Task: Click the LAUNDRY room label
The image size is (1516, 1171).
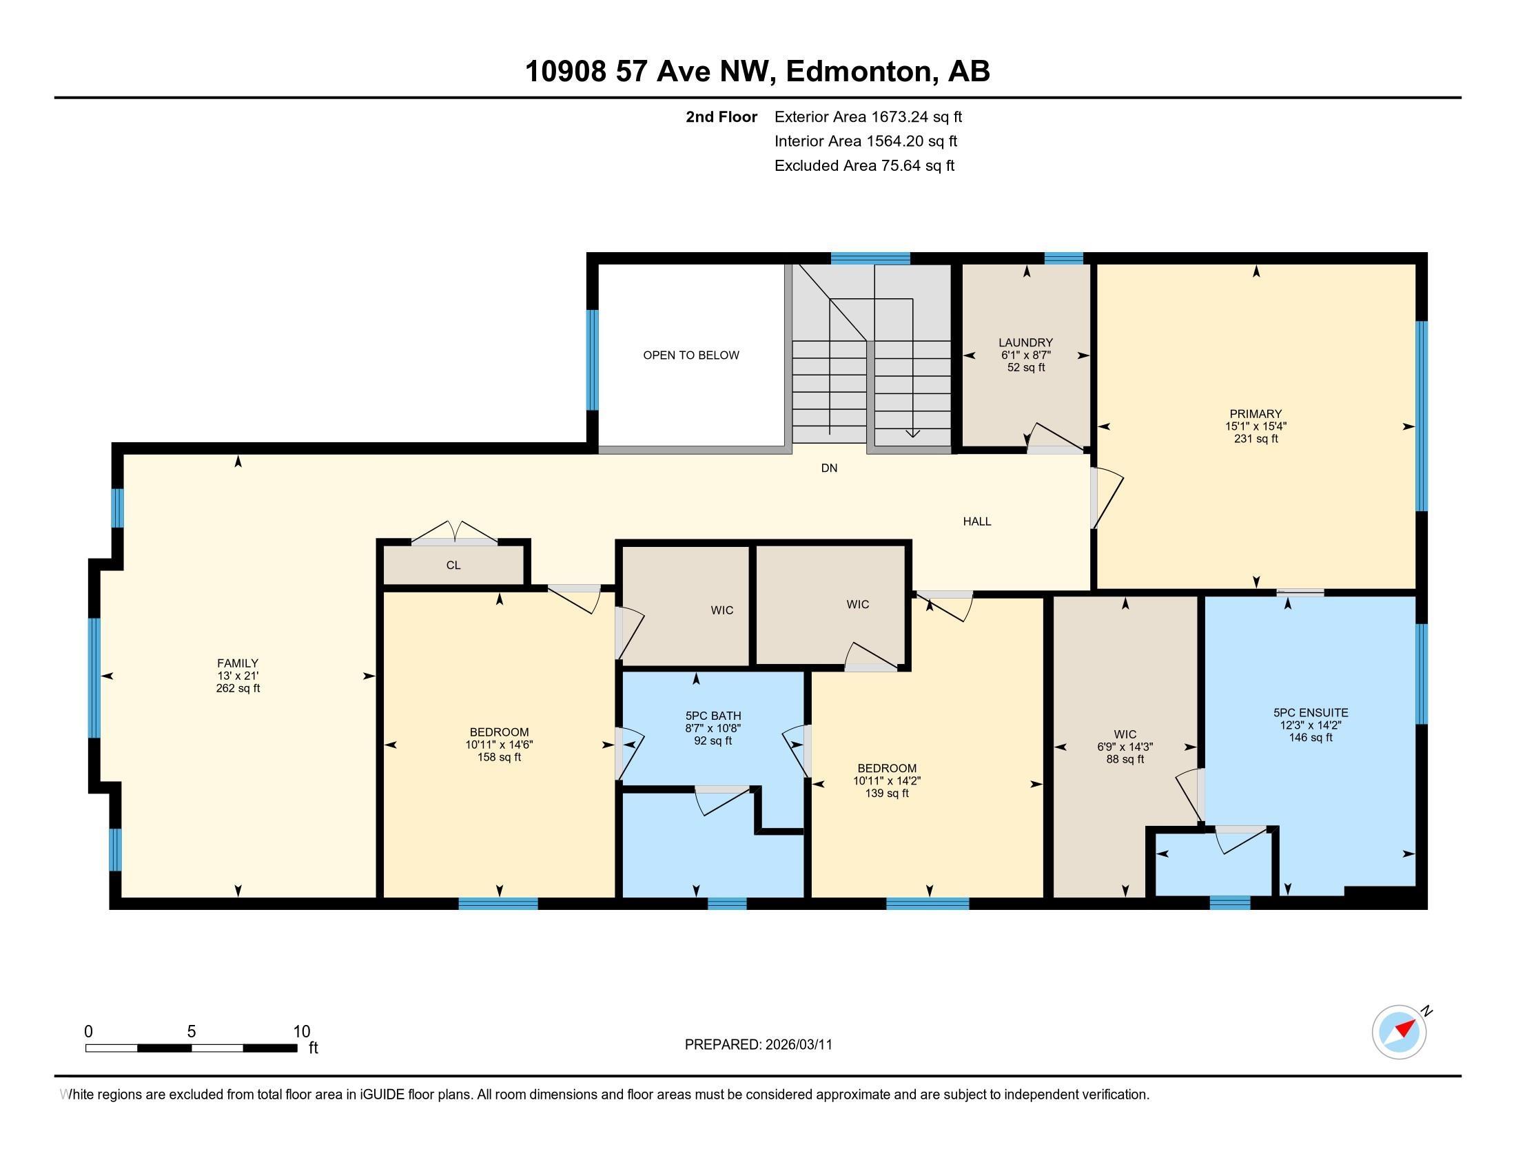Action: [1025, 343]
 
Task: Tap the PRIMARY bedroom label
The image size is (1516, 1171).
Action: [1255, 414]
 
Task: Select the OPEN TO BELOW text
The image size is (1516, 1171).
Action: [690, 355]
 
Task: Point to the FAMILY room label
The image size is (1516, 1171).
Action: [238, 663]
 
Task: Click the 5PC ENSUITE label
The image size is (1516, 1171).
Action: [1311, 712]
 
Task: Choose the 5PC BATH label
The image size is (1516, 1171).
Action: [713, 716]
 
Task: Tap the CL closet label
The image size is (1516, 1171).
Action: [453, 566]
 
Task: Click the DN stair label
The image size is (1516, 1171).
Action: [829, 468]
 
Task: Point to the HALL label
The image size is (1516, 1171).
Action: [976, 521]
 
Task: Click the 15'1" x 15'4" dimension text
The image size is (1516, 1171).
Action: [1255, 426]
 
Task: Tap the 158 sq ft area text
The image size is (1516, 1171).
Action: [499, 757]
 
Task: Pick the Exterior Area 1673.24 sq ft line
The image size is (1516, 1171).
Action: [868, 116]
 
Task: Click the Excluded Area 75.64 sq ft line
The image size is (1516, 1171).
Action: [864, 165]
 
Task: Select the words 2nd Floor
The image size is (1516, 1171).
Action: [721, 116]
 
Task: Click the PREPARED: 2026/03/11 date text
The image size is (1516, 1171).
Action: [758, 1045]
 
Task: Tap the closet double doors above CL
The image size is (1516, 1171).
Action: [454, 532]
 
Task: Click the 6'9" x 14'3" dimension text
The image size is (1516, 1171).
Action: [1125, 747]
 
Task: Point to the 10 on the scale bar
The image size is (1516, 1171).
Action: [301, 1031]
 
